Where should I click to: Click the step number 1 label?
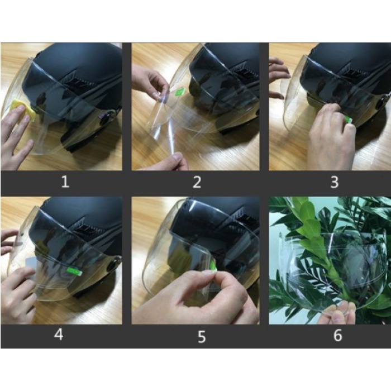click(65, 182)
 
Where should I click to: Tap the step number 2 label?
click(197, 182)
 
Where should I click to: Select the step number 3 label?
click(335, 182)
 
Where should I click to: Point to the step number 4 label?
click(59, 334)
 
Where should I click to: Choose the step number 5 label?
click(202, 337)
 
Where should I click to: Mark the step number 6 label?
click(337, 335)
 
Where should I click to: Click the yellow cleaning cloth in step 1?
click(23, 109)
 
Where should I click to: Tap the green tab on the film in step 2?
click(180, 91)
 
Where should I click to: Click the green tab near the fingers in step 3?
click(349, 119)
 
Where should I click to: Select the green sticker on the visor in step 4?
click(75, 271)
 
